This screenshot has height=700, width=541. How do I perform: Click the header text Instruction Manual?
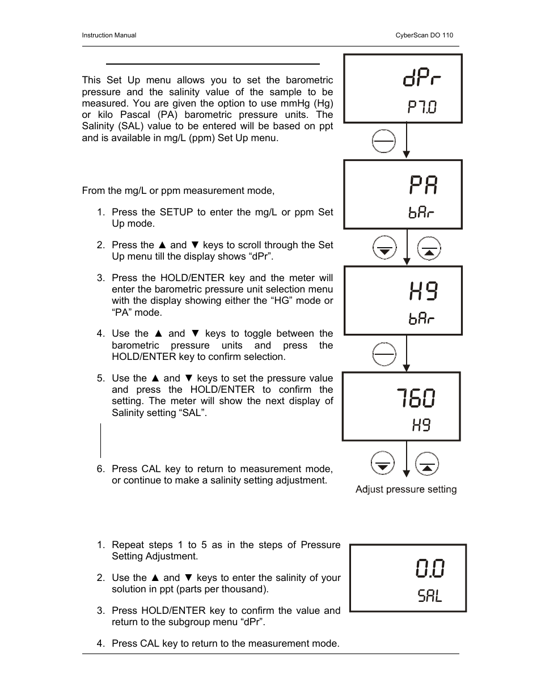[109, 35]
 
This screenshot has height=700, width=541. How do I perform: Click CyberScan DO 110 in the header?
[424, 35]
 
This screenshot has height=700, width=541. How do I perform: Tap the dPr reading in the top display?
[422, 78]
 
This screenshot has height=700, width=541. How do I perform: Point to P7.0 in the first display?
[422, 107]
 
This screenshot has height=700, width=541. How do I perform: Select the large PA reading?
[424, 185]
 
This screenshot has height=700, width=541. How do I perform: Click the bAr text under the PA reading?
[421, 213]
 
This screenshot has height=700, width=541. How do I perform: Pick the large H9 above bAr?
[424, 291]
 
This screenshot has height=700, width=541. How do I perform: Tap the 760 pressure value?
[416, 398]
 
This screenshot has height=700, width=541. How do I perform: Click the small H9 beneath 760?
[421, 425]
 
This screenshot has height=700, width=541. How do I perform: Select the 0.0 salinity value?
[430, 568]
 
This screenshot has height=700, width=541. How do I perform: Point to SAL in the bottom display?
[430, 596]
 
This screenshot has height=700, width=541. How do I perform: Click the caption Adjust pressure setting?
[406, 489]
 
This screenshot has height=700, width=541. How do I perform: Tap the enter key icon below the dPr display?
[384, 141]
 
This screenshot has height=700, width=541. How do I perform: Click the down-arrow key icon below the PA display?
[384, 248]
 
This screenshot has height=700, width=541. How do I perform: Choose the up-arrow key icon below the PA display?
[429, 248]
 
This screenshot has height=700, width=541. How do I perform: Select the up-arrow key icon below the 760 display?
[428, 463]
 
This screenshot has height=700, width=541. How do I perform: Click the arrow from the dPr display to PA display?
[406, 141]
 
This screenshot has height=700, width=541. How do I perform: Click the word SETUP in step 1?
[176, 212]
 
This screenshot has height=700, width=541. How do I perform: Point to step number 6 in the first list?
[100, 469]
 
